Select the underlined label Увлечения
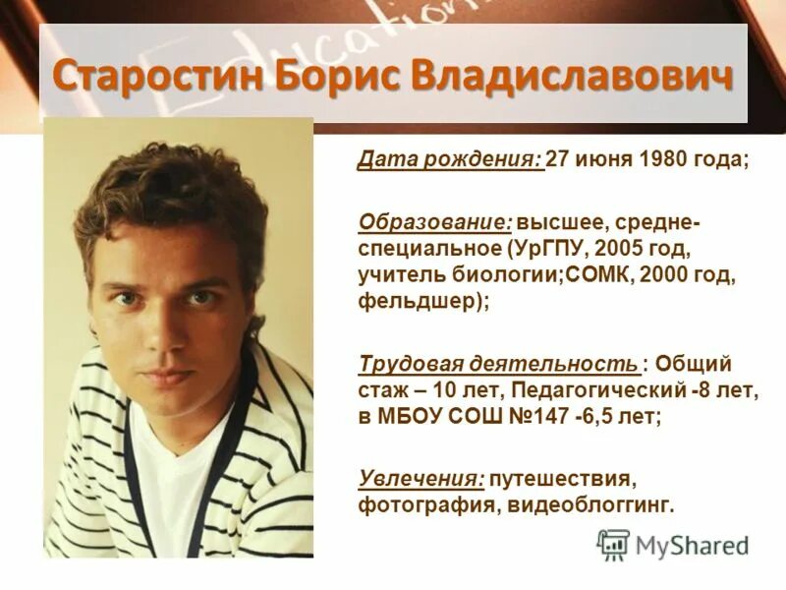[x=421, y=479]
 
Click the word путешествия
[x=564, y=479]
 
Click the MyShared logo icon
[x=613, y=544]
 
